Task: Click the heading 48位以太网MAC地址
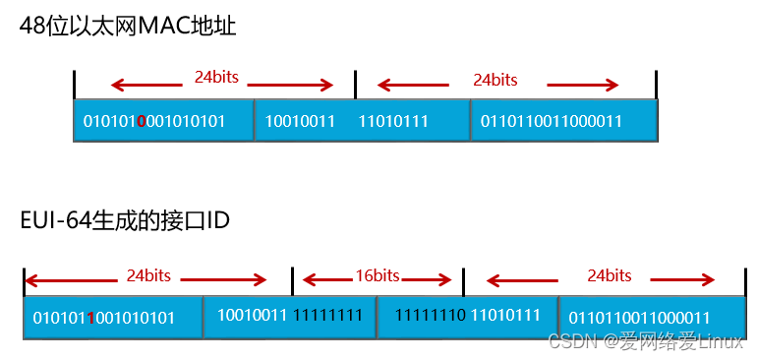coord(129,27)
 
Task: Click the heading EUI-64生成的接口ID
coord(125,221)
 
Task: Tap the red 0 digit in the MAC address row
coord(142,122)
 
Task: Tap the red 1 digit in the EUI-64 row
coord(90,318)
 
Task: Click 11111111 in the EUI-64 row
coord(328,316)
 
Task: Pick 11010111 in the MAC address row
coord(393,121)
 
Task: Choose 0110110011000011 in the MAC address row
coord(551,121)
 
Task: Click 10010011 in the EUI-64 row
coord(253,316)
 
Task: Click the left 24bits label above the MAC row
coord(216,77)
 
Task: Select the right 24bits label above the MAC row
coord(496,80)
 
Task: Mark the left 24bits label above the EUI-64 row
coord(148,275)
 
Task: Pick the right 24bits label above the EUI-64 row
coord(610,275)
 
